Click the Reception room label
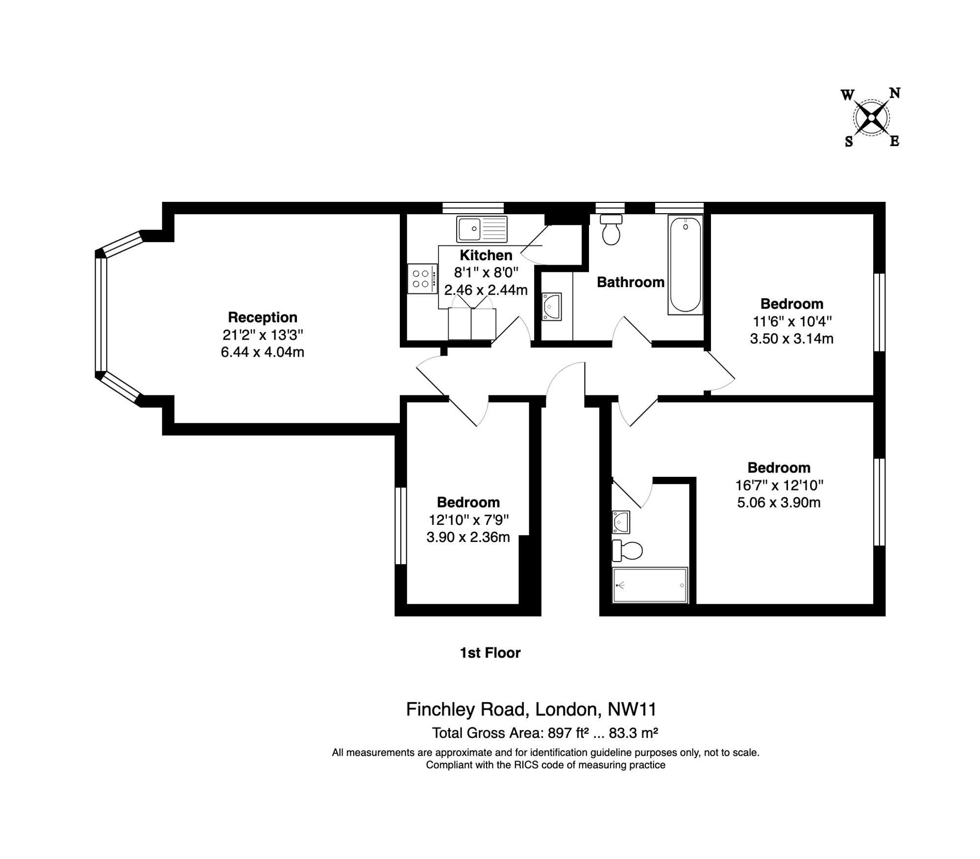point(263,318)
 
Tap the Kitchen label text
point(486,255)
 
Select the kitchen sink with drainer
point(482,229)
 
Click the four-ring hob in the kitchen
point(421,279)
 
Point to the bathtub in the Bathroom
point(685,265)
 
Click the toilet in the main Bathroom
point(611,230)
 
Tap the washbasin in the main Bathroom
point(552,307)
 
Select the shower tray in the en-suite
point(650,586)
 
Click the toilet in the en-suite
point(627,551)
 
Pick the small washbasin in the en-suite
point(621,522)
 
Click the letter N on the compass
point(895,93)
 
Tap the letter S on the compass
point(849,142)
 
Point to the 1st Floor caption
point(490,653)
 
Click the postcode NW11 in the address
point(632,709)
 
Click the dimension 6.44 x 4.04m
point(263,352)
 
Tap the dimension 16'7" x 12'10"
point(779,485)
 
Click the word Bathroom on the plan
point(631,282)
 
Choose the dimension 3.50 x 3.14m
point(792,339)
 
